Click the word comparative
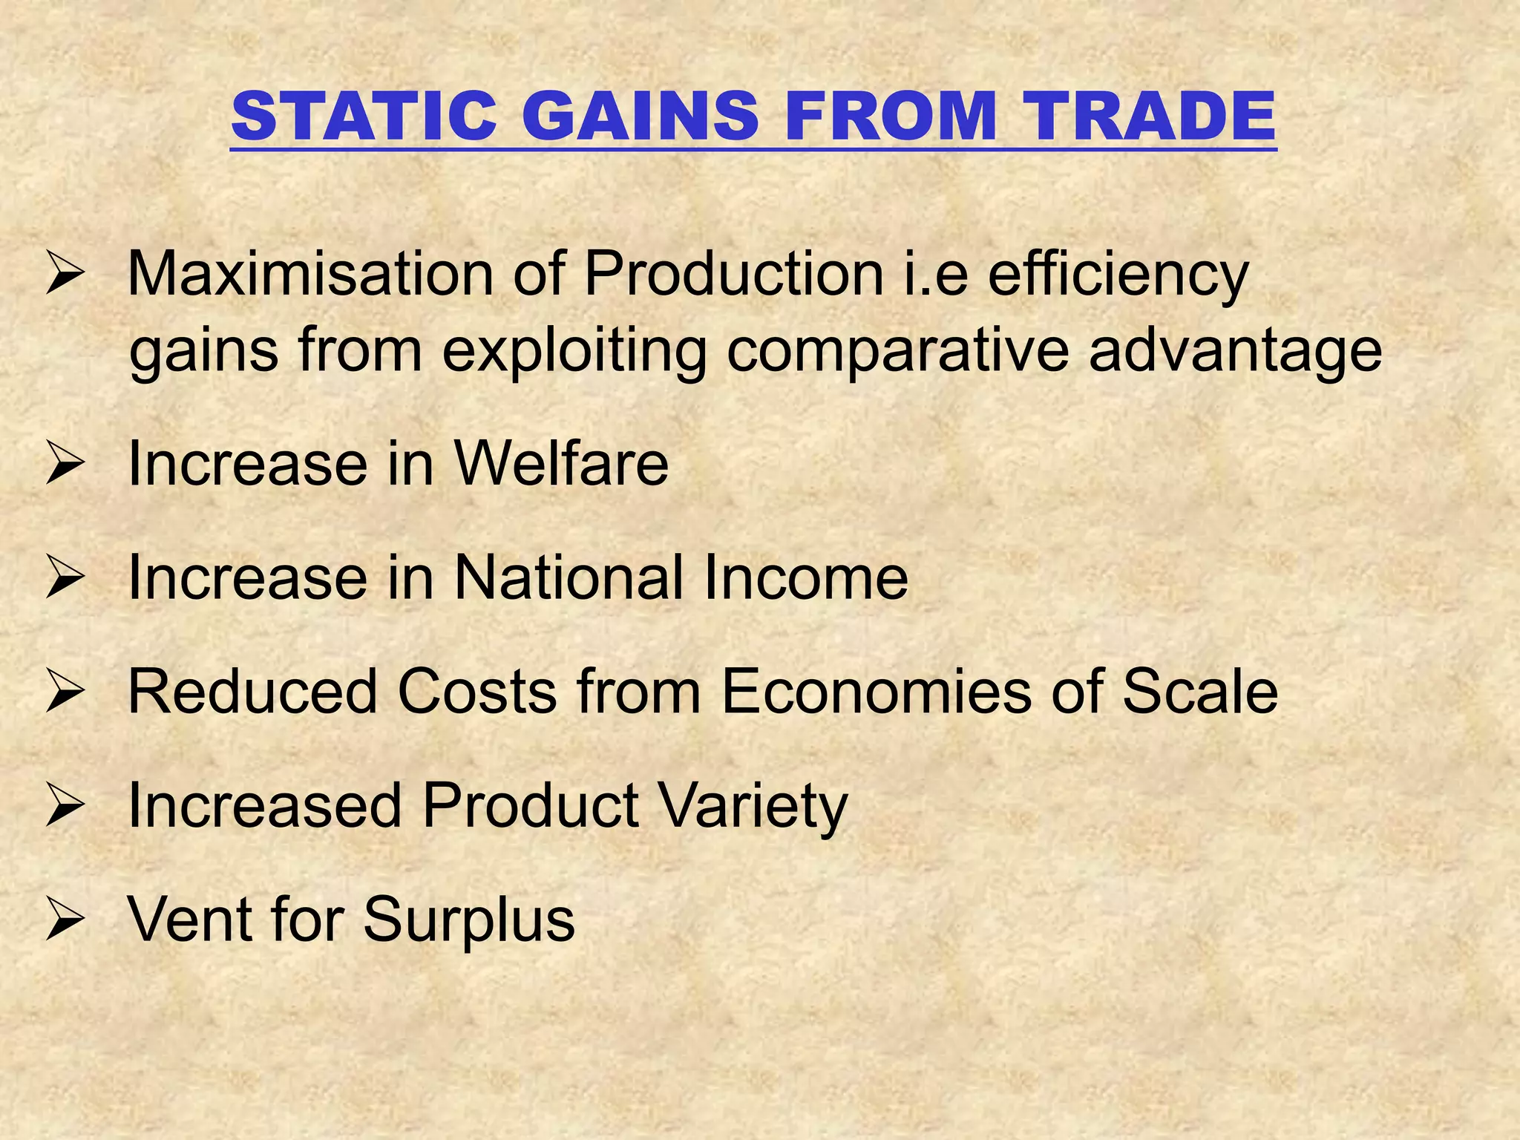click(x=898, y=352)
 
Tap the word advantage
click(x=1236, y=352)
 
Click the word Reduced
click(x=252, y=692)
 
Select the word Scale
click(x=1199, y=692)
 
